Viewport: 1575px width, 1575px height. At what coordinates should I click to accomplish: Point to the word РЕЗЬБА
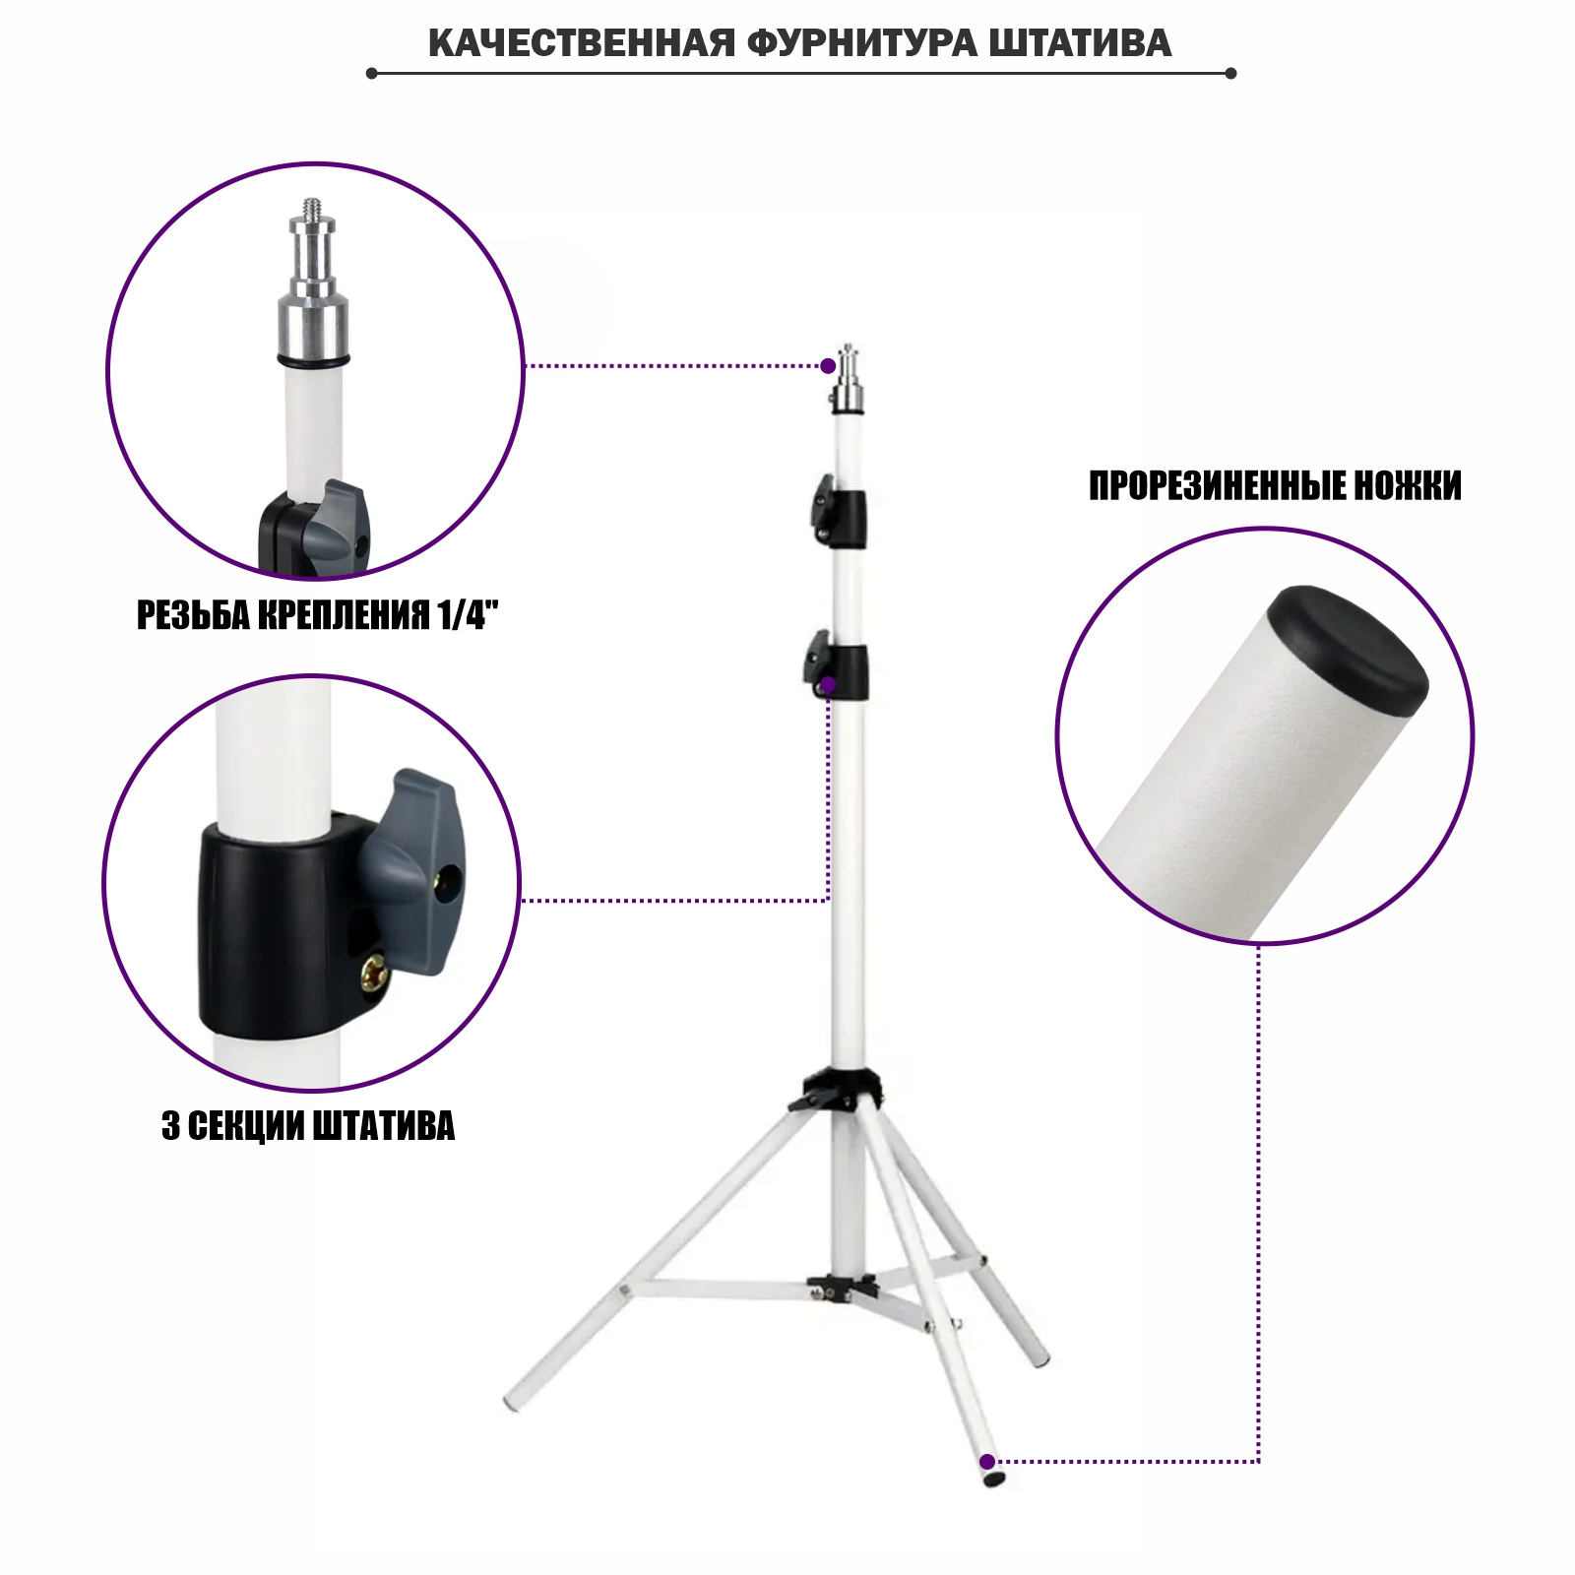(194, 615)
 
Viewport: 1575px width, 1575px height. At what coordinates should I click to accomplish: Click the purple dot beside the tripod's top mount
(828, 366)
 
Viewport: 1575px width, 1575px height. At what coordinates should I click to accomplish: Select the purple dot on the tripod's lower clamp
(828, 684)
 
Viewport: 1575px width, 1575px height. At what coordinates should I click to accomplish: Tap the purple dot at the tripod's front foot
(987, 1462)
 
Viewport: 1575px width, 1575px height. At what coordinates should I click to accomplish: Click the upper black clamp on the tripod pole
(840, 513)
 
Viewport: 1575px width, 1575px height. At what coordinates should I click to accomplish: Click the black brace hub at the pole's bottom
(842, 1287)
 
